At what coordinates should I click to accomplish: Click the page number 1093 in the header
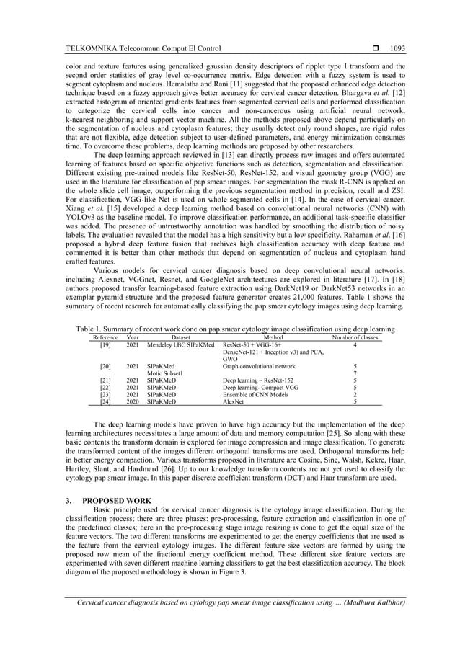tap(397, 48)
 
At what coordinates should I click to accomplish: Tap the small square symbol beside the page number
tap(373, 48)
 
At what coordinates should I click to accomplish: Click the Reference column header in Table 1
tap(106, 337)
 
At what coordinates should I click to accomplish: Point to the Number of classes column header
tap(355, 337)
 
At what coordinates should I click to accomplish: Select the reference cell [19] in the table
tap(105, 344)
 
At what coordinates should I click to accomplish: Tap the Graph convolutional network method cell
tap(259, 366)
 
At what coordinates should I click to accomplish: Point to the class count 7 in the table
tap(355, 373)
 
